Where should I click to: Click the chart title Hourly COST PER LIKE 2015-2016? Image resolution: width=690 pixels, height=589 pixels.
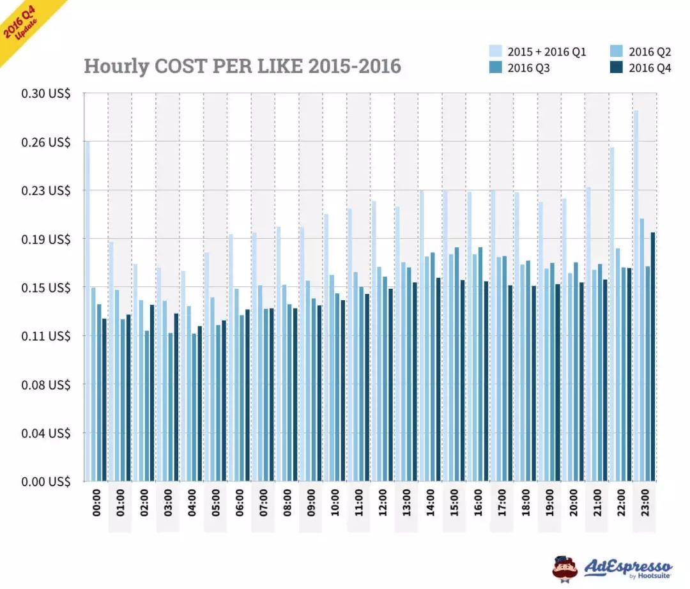point(242,66)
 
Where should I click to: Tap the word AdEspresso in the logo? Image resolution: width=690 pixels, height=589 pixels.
point(628,565)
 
